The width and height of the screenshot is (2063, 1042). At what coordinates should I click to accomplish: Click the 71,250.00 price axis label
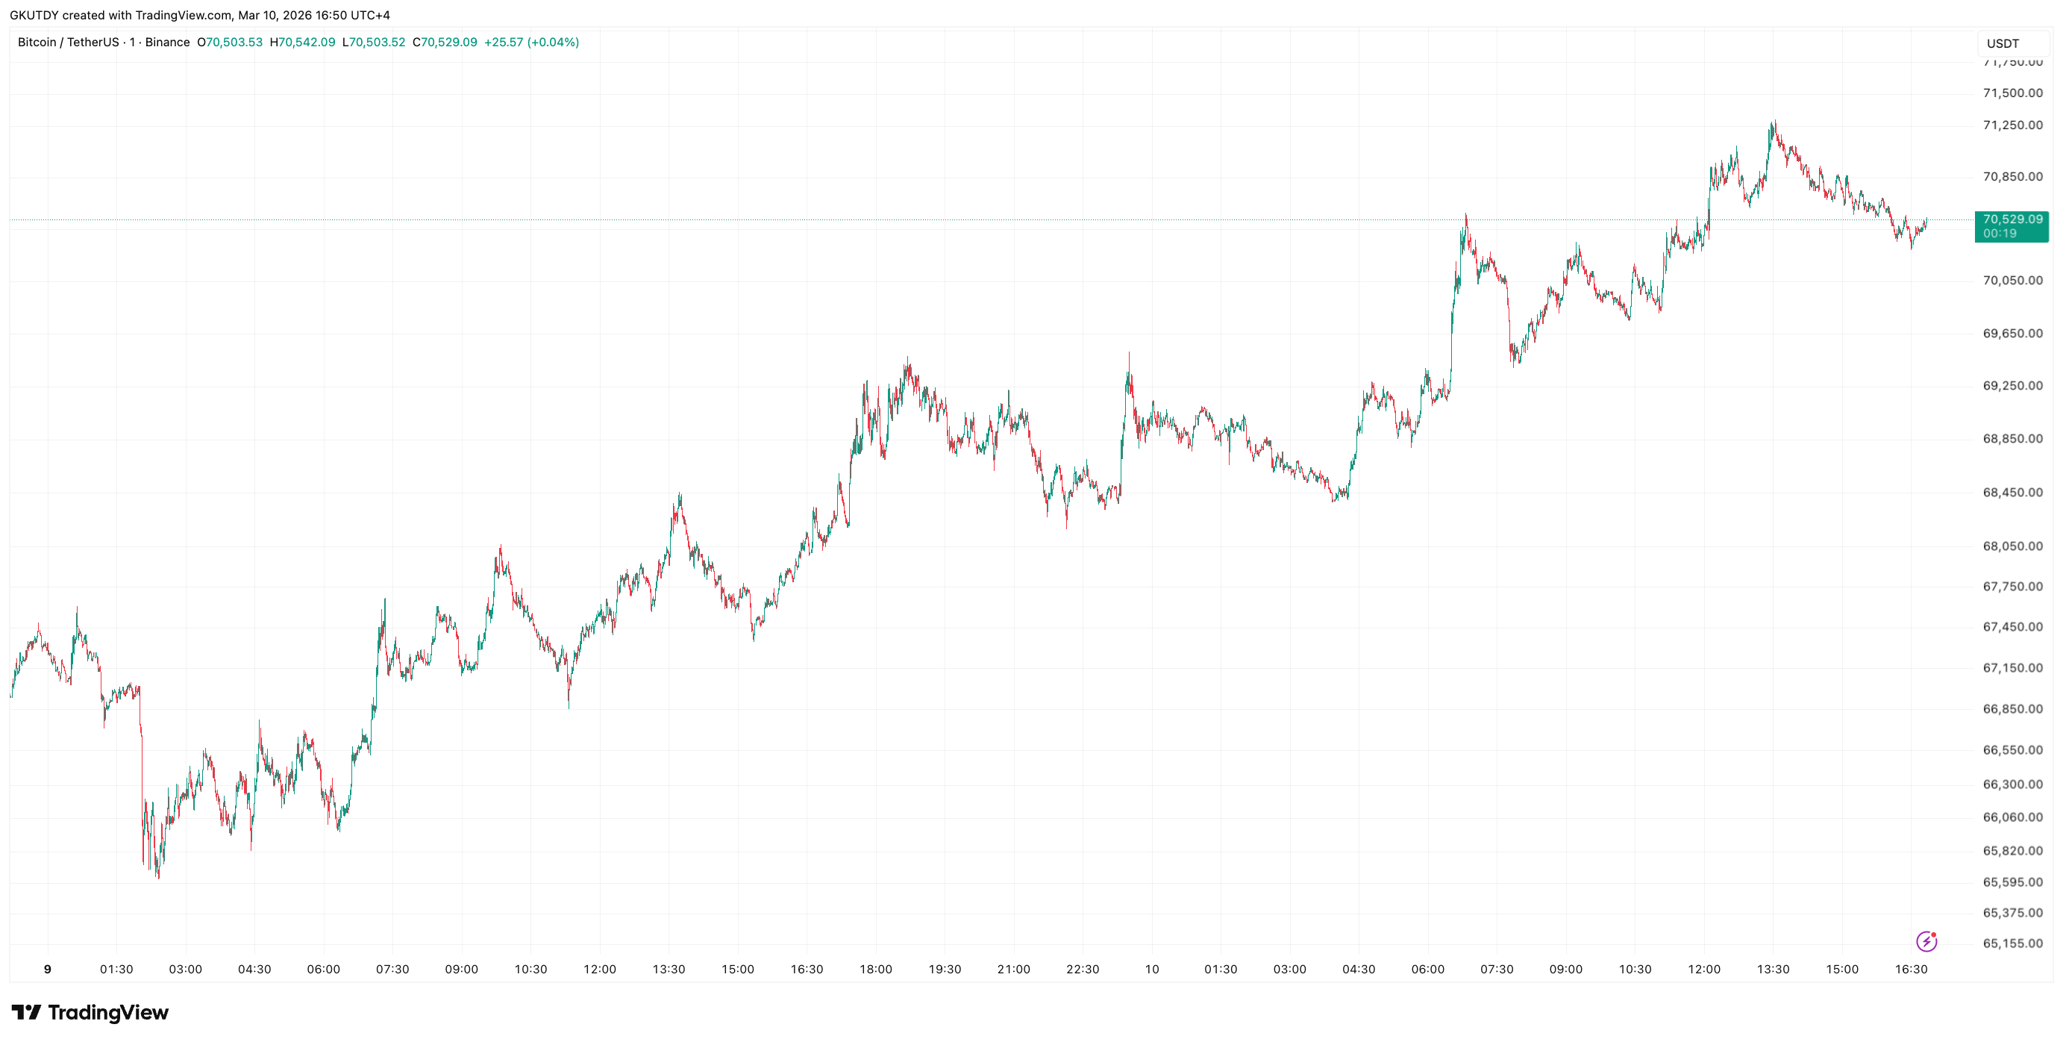pyautogui.click(x=2012, y=125)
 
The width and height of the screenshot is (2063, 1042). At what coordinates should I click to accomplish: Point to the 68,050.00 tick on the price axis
pyautogui.click(x=2012, y=546)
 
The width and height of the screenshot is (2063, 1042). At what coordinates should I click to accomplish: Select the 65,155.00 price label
pyautogui.click(x=2012, y=943)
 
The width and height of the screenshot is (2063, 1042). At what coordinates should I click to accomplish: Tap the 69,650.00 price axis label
pyautogui.click(x=2012, y=333)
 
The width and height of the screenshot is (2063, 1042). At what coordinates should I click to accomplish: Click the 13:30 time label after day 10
pyautogui.click(x=1772, y=969)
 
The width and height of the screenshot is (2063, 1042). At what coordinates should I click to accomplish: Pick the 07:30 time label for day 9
pyautogui.click(x=392, y=969)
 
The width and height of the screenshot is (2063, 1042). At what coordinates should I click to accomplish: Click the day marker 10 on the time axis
pyautogui.click(x=1152, y=969)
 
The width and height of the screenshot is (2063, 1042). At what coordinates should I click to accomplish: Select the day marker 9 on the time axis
pyautogui.click(x=47, y=969)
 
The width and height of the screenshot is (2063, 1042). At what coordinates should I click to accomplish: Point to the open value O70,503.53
pyautogui.click(x=230, y=43)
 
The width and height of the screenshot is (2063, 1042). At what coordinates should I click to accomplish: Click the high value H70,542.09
pyautogui.click(x=302, y=43)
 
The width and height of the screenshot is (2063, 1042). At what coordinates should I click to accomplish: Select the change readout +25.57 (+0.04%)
pyautogui.click(x=531, y=43)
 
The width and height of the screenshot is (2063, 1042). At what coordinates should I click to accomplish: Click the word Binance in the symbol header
pyautogui.click(x=167, y=43)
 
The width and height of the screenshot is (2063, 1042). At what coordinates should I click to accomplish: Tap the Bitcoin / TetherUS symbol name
pyautogui.click(x=68, y=43)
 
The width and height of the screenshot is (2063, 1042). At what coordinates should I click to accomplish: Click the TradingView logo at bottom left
pyautogui.click(x=90, y=1012)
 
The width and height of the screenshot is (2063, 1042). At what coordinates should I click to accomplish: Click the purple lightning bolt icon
pyautogui.click(x=1926, y=941)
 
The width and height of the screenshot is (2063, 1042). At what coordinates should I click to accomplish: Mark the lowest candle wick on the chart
pyautogui.click(x=157, y=878)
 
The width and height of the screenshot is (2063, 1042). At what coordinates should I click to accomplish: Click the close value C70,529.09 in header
pyautogui.click(x=445, y=43)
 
